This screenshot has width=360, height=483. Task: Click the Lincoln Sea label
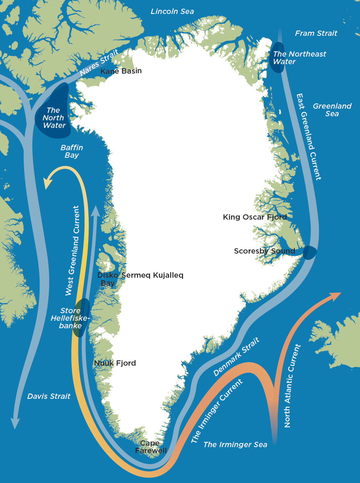172,11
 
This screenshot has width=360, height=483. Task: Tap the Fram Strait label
316,33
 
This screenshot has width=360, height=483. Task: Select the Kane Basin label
121,71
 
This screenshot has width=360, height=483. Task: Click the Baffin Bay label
72,151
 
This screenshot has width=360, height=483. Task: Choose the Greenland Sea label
332,110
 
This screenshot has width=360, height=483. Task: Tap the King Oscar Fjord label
255,217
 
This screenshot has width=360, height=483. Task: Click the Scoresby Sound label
264,251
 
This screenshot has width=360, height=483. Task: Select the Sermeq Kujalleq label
152,275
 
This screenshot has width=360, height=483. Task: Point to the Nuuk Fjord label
115,363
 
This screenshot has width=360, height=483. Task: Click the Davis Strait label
49,396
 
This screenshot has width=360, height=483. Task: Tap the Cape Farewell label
151,447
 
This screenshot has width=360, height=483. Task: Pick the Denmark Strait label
236,357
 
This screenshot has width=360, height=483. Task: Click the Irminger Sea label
235,445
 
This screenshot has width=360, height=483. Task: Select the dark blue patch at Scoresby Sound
309,252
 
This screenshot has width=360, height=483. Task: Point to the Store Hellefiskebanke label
70,318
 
